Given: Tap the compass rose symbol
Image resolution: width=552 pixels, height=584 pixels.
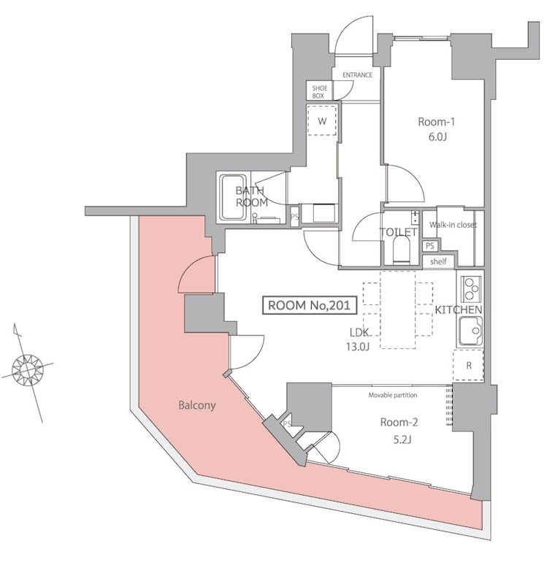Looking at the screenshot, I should pyautogui.click(x=29, y=369).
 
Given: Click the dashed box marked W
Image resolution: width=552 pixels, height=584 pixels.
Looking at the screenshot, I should pyautogui.click(x=322, y=120).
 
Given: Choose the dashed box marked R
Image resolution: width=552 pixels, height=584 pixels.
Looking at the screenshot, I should pyautogui.click(x=468, y=364).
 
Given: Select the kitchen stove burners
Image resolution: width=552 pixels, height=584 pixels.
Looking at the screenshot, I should pyautogui.click(x=471, y=288).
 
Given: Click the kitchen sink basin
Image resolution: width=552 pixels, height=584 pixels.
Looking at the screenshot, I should pyautogui.click(x=470, y=334).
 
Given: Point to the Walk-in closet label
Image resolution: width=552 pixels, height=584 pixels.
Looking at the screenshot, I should pyautogui.click(x=453, y=225).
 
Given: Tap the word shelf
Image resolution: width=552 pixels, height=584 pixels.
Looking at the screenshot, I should pyautogui.click(x=438, y=261).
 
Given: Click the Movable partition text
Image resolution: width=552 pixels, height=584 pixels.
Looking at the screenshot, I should pyautogui.click(x=393, y=395).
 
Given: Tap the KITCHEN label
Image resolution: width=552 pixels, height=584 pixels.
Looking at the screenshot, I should pyautogui.click(x=459, y=310).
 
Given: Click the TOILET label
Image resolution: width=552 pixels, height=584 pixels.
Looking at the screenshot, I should pyautogui.click(x=398, y=233).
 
